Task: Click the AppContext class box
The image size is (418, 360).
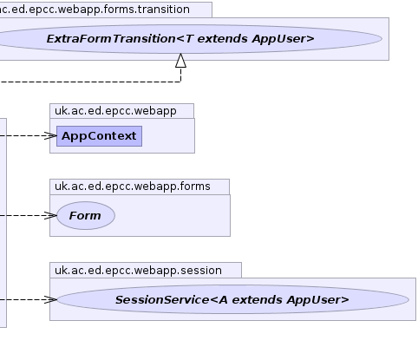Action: coord(99,136)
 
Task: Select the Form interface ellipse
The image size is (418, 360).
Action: coord(86,215)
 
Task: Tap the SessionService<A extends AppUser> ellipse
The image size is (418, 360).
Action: coord(232,299)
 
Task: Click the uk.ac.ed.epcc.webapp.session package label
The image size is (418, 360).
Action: coord(138,271)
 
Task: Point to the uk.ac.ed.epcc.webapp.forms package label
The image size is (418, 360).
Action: coord(133,187)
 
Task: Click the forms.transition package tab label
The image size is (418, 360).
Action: coord(95,10)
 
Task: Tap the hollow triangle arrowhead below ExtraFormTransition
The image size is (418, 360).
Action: coord(181,61)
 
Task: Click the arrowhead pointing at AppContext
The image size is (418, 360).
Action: coord(51,135)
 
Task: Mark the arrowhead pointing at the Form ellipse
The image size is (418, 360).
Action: coord(51,215)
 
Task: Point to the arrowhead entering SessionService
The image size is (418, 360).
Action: coord(51,299)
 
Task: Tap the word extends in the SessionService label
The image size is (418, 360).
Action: coord(257,300)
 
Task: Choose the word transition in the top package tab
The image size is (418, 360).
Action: coord(164,10)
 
